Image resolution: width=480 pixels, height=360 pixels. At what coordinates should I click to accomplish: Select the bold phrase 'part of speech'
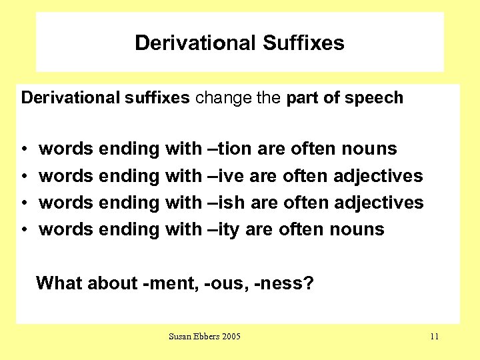(x=345, y=98)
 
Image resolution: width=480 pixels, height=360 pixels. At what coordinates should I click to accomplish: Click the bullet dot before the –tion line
(x=23, y=149)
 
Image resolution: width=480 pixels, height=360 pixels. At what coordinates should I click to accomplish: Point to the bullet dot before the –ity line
(x=23, y=230)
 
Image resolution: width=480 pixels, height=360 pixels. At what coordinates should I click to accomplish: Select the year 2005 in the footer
(x=230, y=336)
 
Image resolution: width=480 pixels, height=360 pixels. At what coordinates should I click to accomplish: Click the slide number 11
(x=434, y=336)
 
